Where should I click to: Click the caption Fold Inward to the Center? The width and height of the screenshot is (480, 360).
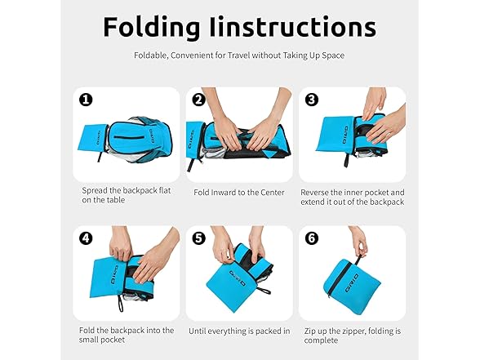click(239, 193)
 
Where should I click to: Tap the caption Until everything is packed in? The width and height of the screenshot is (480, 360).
click(239, 331)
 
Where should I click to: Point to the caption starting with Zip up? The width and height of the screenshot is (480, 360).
click(352, 336)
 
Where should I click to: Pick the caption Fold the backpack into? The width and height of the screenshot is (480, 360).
click(127, 336)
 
